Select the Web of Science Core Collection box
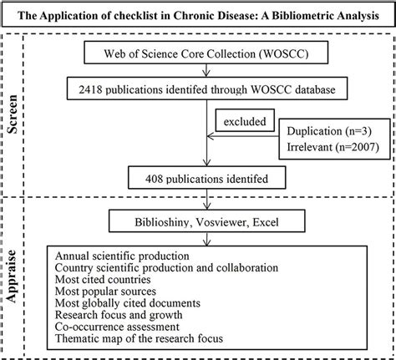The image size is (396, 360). pyautogui.click(x=206, y=53)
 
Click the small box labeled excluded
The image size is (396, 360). pyautogui.click(x=245, y=120)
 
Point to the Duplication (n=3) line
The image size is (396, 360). pyautogui.click(x=329, y=131)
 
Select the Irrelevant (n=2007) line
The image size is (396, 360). pyautogui.click(x=333, y=147)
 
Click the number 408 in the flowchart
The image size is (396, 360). pyautogui.click(x=154, y=179)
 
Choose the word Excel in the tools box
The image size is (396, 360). pyautogui.click(x=266, y=222)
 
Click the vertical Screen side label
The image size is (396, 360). pyautogui.click(x=12, y=114)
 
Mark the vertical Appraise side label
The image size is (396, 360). pyautogui.click(x=12, y=276)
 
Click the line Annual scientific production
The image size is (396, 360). pyautogui.click(x=122, y=256)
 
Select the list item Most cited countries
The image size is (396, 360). pyautogui.click(x=103, y=279)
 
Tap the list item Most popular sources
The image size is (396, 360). pyautogui.click(x=105, y=292)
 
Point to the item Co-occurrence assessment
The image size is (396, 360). pyautogui.click(x=117, y=327)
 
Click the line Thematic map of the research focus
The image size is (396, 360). pyautogui.click(x=139, y=338)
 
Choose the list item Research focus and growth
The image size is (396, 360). pyautogui.click(x=119, y=315)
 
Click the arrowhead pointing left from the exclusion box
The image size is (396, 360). pyautogui.click(x=211, y=136)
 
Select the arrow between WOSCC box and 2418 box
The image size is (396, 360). pyautogui.click(x=206, y=70)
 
